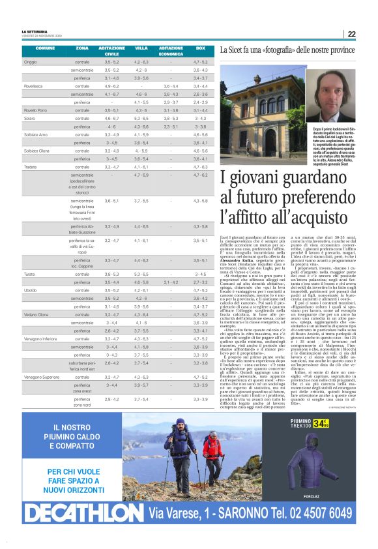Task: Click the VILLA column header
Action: [x=141, y=48]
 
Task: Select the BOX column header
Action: [x=201, y=48]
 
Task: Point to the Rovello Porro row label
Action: [x=35, y=111]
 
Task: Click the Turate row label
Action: [x=30, y=274]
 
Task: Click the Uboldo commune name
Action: [x=31, y=290]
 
